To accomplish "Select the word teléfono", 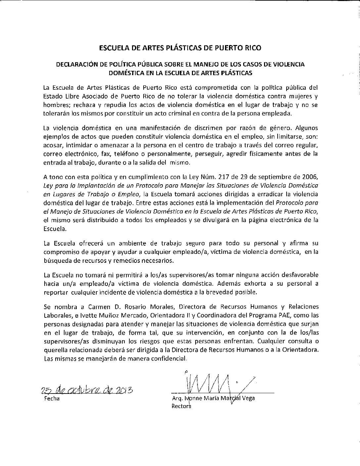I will coord(131,154).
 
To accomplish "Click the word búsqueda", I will coord(56,260).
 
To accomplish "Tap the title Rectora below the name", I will coord(181,406).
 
